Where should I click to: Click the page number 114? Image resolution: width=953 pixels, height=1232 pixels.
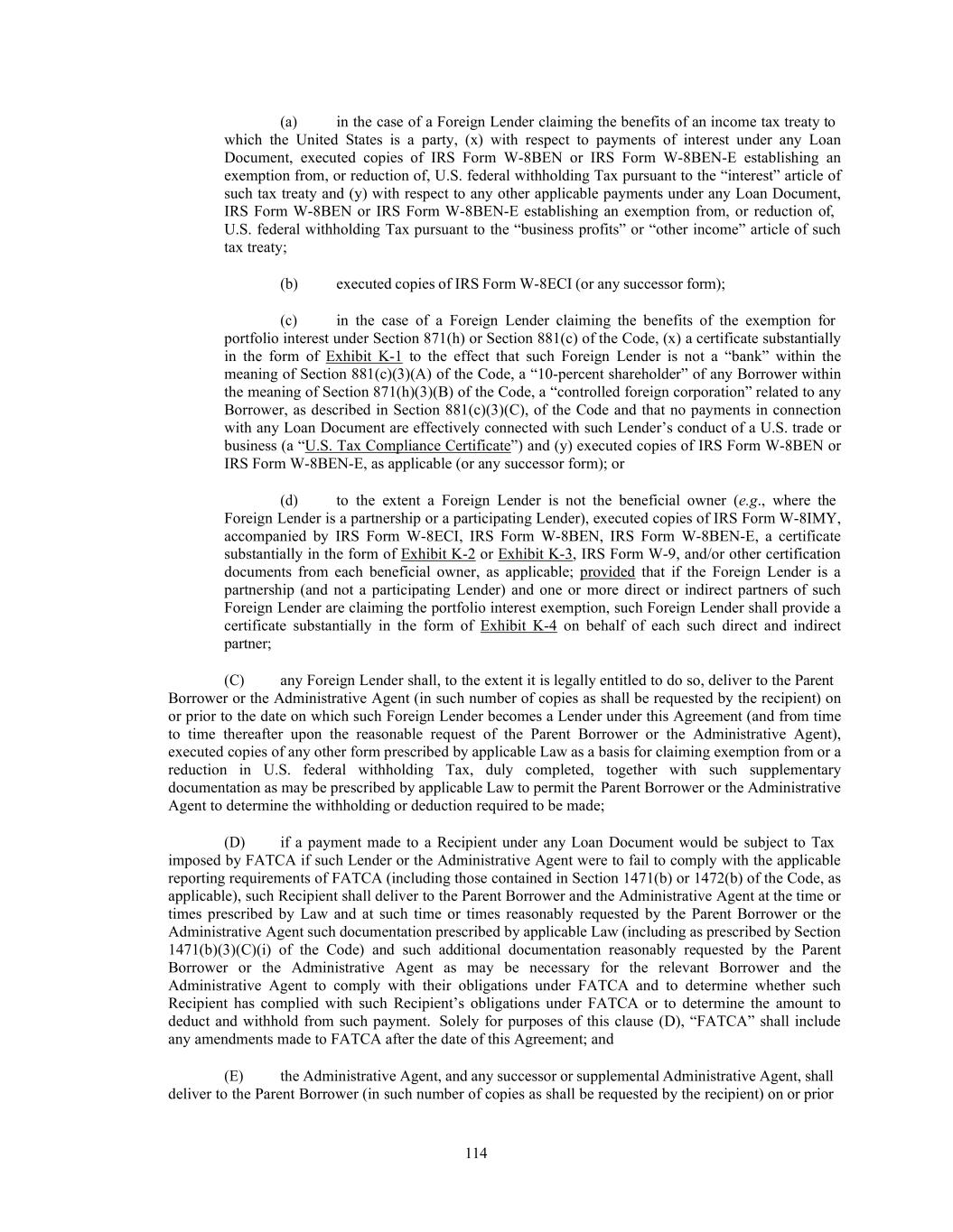pyautogui.click(x=476, y=1153)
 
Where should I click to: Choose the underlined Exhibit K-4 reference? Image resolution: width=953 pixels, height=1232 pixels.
pyautogui.click(x=519, y=625)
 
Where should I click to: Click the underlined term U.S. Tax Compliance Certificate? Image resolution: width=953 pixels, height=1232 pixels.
pyautogui.click(x=408, y=446)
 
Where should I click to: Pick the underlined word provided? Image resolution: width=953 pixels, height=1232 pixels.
pyautogui.click(x=607, y=571)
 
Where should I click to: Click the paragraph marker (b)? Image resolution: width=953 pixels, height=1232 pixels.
pyautogui.click(x=289, y=283)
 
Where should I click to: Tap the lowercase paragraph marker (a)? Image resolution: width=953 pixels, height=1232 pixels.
pyautogui.click(x=289, y=121)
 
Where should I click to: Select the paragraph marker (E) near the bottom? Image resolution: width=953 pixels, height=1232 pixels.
pyautogui.click(x=233, y=1075)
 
